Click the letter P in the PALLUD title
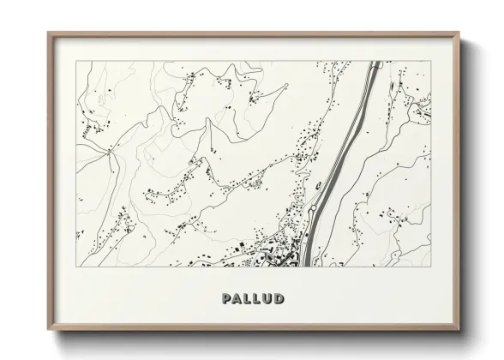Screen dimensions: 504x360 pos(225,299)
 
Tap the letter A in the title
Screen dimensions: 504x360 pos(237,299)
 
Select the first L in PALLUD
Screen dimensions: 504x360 pos(247,299)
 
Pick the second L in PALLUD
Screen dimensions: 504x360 pos(256,299)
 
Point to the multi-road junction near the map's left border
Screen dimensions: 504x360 pos(111,151)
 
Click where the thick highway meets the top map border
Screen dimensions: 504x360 pos(375,62)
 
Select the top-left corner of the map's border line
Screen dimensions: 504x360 pos(76,62)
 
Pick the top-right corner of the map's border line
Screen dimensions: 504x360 pos(432,62)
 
